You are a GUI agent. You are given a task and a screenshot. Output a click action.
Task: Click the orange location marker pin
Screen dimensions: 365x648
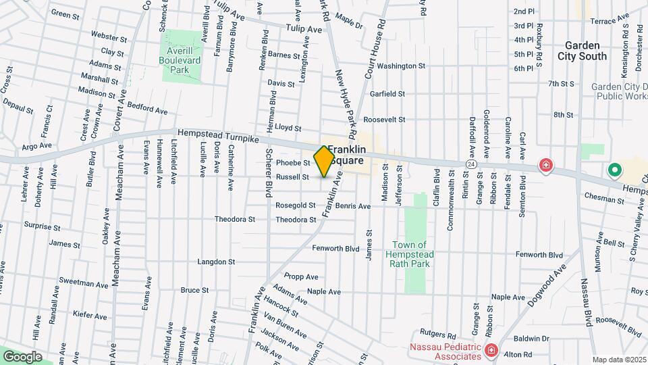pyautogui.click(x=324, y=161)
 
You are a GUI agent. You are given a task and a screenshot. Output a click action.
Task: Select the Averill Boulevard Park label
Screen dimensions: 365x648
pyautogui.click(x=182, y=60)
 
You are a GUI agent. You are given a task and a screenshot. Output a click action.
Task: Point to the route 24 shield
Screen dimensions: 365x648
pyautogui.click(x=470, y=164)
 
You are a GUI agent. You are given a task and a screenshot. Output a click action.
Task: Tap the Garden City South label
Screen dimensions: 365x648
pyautogui.click(x=583, y=51)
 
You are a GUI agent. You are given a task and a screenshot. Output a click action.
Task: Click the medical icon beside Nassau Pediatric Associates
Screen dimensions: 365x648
pyautogui.click(x=491, y=350)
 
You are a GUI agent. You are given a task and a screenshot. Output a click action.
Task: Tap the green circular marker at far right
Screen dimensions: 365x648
pyautogui.click(x=614, y=170)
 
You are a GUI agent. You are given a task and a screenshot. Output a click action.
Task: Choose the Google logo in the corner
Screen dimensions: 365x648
pyautogui.click(x=22, y=356)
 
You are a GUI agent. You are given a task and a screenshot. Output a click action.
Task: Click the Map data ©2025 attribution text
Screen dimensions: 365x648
pyautogui.click(x=619, y=360)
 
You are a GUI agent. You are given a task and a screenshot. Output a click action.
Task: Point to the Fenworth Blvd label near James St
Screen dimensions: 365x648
pyautogui.click(x=335, y=249)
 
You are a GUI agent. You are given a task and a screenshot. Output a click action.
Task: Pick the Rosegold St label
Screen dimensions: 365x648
pyautogui.click(x=296, y=205)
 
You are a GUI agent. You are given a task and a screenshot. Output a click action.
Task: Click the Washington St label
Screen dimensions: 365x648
pyautogui.click(x=401, y=66)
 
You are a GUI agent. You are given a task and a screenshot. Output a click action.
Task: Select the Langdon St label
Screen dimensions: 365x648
pyautogui.click(x=216, y=262)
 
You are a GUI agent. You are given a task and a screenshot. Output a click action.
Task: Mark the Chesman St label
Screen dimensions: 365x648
pyautogui.click(x=605, y=200)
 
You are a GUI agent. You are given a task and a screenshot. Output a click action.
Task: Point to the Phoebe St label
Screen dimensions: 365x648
pyautogui.click(x=293, y=163)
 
